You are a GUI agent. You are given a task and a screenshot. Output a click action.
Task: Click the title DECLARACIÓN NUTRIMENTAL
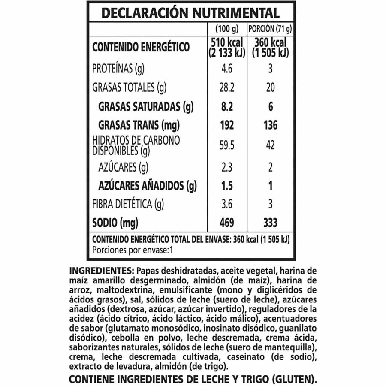click(190, 13)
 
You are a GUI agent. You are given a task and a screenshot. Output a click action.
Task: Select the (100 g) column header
click(226, 30)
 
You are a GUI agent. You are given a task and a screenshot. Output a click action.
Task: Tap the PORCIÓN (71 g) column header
click(270, 30)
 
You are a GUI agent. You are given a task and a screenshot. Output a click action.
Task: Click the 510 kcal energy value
click(226, 43)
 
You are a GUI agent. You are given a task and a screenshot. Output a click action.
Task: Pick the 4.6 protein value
click(226, 69)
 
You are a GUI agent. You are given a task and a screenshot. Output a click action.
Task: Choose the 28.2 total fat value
click(226, 88)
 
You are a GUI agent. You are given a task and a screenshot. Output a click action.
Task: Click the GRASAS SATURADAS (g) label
click(144, 106)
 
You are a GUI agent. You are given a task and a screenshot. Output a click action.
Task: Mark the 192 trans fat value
click(226, 125)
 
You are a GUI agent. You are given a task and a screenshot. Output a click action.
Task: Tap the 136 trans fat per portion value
click(270, 125)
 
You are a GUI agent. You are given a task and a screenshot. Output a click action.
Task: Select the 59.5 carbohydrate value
click(226, 145)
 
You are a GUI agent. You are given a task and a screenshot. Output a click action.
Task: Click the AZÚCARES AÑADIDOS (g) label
click(147, 186)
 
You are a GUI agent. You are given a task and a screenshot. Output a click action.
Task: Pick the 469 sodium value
click(226, 223)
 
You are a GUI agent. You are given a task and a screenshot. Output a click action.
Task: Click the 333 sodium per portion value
click(270, 223)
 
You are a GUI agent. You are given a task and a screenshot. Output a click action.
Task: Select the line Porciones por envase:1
click(132, 250)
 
